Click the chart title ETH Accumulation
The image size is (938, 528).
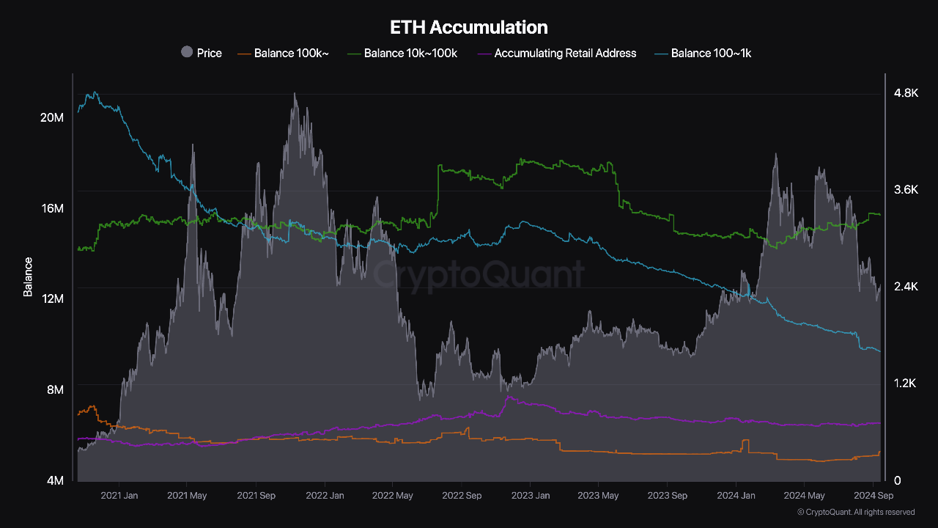click(469, 28)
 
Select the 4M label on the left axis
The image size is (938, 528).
click(55, 480)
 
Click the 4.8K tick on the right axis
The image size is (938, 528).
click(905, 93)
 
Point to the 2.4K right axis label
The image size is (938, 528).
click(905, 287)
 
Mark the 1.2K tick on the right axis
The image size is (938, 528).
click(905, 384)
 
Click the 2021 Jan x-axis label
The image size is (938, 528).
click(119, 496)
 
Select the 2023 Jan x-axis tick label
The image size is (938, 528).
click(531, 496)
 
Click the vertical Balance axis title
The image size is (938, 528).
click(28, 276)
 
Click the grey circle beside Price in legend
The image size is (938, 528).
click(187, 52)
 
